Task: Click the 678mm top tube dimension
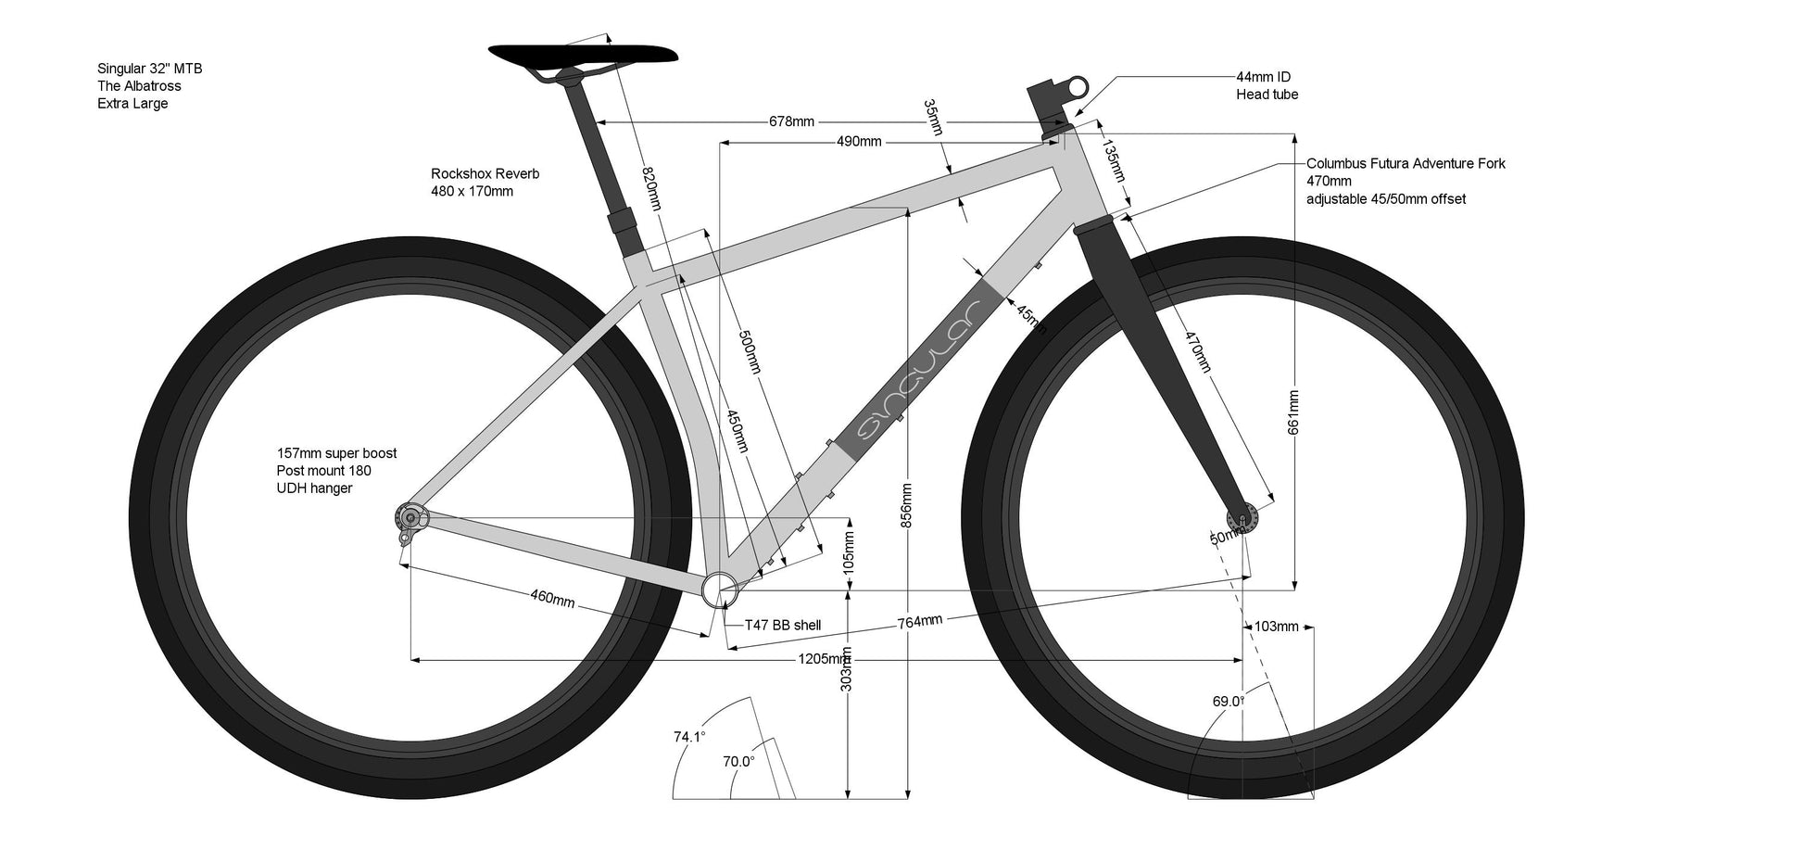click(791, 121)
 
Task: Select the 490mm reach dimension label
click(859, 142)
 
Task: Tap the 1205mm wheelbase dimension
click(821, 659)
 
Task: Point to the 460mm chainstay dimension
click(552, 599)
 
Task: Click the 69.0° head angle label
click(1227, 702)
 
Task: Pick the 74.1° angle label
click(689, 737)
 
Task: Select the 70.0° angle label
click(738, 762)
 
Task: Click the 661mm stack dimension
click(1293, 412)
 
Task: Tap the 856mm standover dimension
click(907, 505)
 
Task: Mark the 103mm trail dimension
click(1276, 627)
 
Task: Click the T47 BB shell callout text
click(783, 626)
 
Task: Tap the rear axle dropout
click(410, 516)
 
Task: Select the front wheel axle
click(1240, 517)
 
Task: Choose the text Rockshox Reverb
click(485, 173)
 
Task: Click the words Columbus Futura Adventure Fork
click(1406, 164)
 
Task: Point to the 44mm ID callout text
click(1263, 77)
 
